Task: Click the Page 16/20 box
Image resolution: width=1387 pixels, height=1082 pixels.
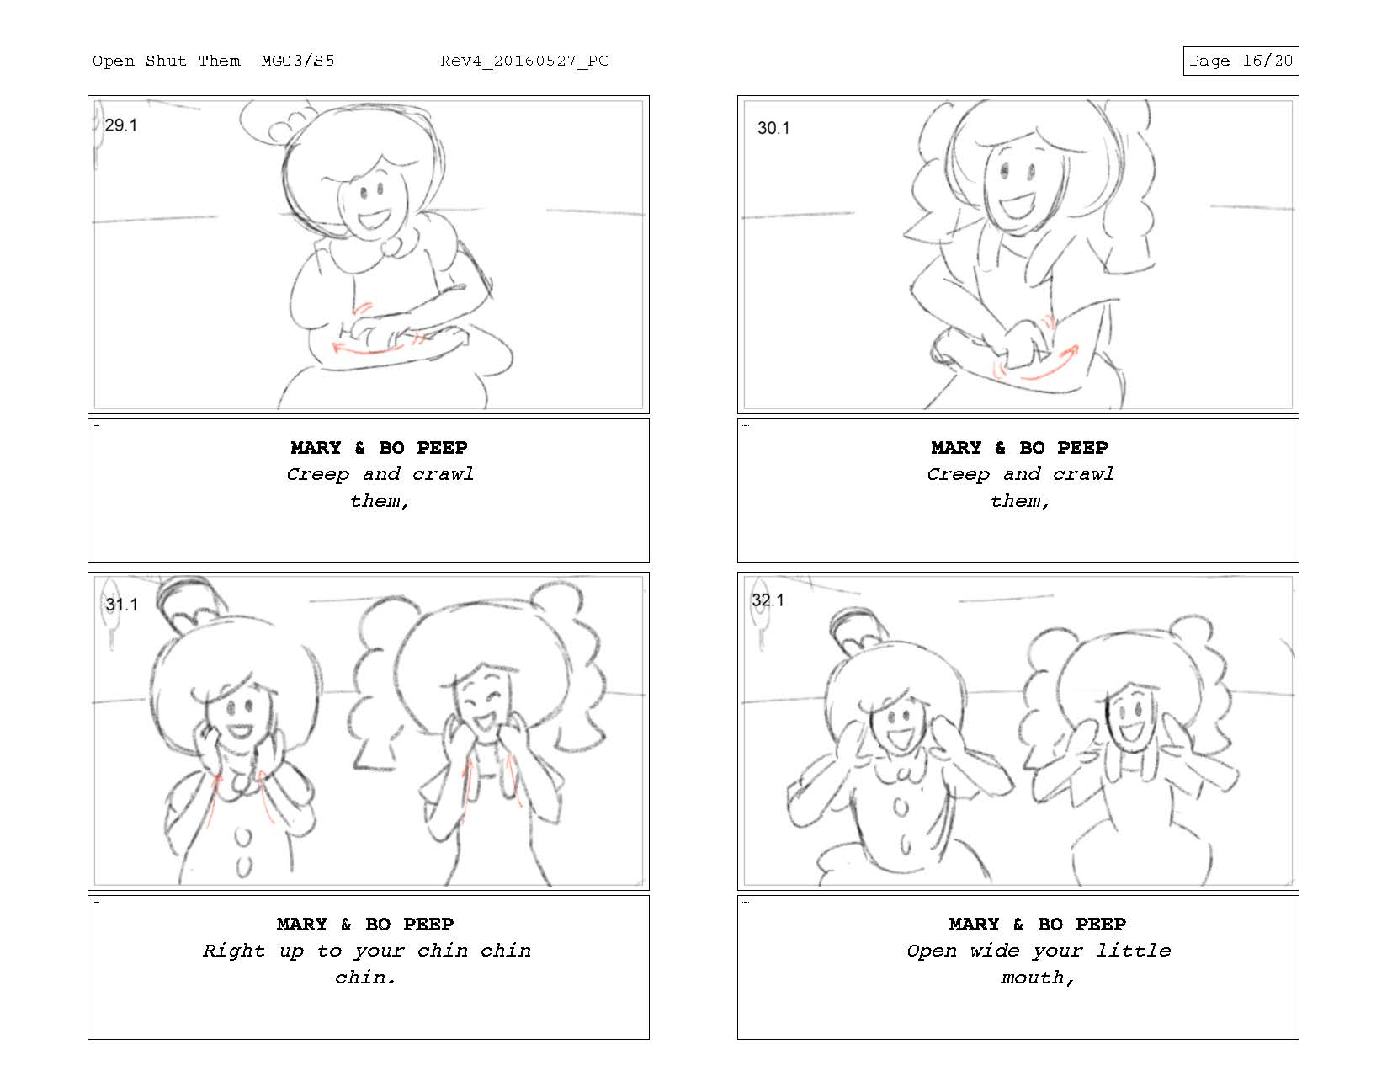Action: [x=1241, y=61]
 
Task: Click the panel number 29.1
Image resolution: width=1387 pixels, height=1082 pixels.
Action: [x=120, y=125]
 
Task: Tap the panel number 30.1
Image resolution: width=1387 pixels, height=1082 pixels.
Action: [x=773, y=128]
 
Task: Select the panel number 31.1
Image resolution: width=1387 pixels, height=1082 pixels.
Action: [x=121, y=604]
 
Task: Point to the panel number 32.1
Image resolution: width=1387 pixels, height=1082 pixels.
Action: [x=768, y=600]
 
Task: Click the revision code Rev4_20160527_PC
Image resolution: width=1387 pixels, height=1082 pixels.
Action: [x=524, y=61]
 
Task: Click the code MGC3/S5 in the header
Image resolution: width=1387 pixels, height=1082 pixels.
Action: [x=297, y=61]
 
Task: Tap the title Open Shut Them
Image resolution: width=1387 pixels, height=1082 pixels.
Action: [x=167, y=61]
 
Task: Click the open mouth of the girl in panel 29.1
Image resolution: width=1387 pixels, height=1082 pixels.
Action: [x=372, y=221]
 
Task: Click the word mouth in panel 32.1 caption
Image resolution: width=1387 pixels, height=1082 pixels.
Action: [x=1032, y=978]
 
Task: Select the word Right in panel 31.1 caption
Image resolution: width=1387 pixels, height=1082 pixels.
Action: [x=233, y=951]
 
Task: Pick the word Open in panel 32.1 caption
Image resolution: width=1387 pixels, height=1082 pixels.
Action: [x=932, y=951]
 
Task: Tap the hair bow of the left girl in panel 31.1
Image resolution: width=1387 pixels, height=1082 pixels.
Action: [x=192, y=603]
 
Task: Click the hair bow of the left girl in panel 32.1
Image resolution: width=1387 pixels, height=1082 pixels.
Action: [x=858, y=629]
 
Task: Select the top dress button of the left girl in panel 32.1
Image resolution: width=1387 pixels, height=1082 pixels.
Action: [x=900, y=807]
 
